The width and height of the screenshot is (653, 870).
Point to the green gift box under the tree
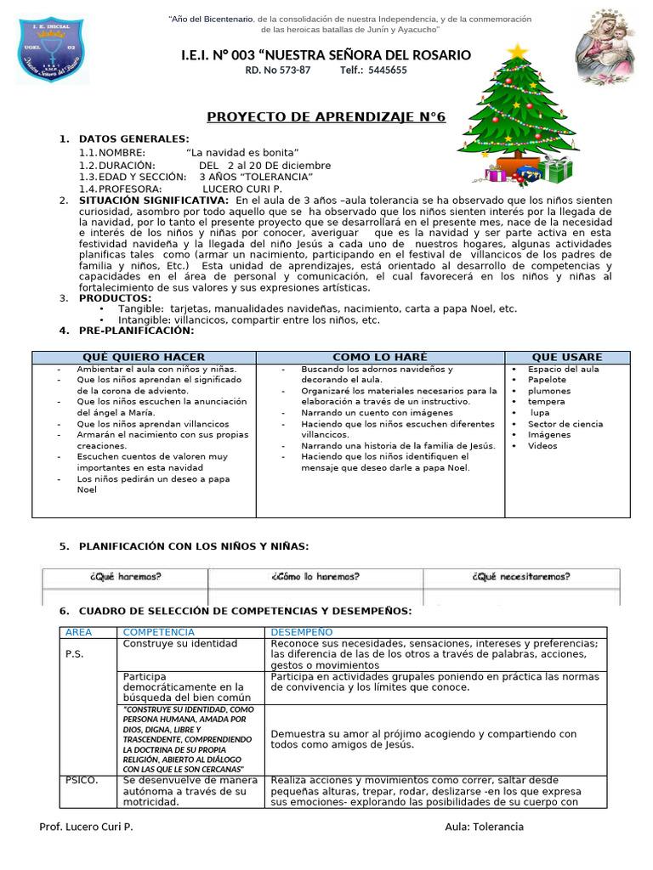click(x=559, y=170)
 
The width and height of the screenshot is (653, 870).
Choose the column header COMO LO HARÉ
click(x=380, y=357)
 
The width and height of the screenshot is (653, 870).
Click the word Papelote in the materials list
click(x=546, y=380)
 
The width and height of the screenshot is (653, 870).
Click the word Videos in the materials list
click(x=542, y=445)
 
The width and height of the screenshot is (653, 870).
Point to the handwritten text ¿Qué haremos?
click(x=125, y=576)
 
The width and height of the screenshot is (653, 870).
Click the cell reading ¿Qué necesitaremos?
click(x=521, y=576)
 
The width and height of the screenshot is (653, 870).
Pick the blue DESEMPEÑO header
click(x=302, y=632)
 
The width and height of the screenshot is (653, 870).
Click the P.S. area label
click(x=75, y=654)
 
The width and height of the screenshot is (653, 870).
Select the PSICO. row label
click(x=82, y=779)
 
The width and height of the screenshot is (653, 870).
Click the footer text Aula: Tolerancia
click(x=484, y=827)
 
